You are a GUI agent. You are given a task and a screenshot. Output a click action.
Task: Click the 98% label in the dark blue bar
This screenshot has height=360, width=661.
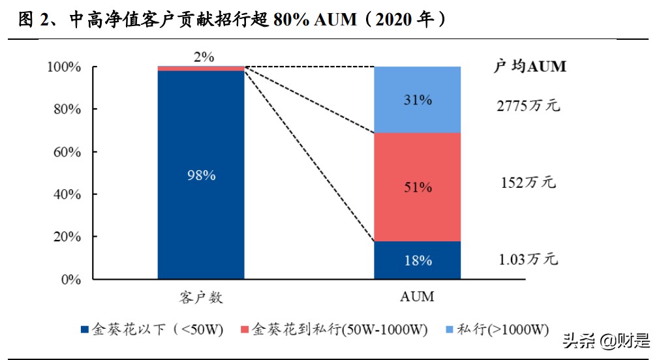coord(201,175)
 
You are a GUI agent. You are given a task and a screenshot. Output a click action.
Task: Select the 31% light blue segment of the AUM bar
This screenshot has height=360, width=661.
coord(417,100)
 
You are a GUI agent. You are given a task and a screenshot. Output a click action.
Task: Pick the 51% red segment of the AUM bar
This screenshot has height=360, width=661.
coord(417,187)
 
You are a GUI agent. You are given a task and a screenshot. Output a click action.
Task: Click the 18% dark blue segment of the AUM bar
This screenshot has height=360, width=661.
coord(417,260)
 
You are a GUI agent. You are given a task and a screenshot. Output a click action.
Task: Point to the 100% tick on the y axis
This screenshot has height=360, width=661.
coord(63,67)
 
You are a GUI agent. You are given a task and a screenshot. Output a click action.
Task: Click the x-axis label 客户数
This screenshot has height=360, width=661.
coord(201,297)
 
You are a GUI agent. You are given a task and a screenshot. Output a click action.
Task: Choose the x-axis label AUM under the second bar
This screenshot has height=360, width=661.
coord(417,297)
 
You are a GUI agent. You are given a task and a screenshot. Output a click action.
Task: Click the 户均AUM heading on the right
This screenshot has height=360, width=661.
coord(529,67)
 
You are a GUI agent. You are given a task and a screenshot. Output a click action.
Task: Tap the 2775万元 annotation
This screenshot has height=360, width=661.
coord(528,104)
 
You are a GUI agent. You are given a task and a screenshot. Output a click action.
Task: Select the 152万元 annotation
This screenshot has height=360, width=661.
coord(528,182)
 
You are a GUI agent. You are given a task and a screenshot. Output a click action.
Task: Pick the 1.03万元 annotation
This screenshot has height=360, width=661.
coord(528,260)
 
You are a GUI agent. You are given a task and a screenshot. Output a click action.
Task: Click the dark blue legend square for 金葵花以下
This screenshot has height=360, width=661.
coord(84,330)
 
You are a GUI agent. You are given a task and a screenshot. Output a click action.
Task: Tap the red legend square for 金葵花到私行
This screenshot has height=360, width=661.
coord(245,330)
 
